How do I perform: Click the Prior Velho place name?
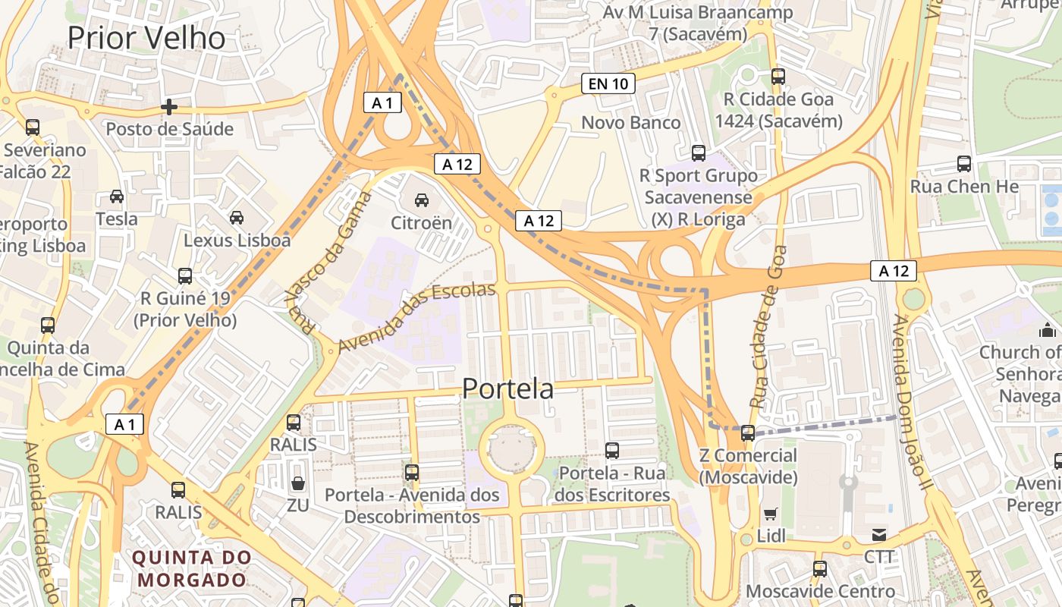pos(146,38)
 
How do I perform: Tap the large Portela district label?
pos(507,388)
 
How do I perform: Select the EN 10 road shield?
pos(608,83)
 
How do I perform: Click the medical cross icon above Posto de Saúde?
pos(169,107)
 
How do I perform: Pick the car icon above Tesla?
pos(117,197)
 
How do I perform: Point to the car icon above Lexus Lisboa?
pos(237,218)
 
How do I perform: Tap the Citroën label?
pos(421,223)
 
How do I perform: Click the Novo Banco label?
pos(631,122)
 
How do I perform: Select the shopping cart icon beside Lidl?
pos(771,514)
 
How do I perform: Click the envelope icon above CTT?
pos(879,535)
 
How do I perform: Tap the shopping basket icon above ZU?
pos(298,483)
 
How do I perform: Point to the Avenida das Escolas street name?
pos(416,316)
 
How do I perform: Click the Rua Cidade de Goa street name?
pos(767,326)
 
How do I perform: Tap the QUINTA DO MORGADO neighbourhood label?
pos(193,568)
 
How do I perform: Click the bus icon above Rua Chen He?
pos(963,164)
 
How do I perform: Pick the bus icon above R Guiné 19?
pos(185,276)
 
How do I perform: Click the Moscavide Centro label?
pos(821,591)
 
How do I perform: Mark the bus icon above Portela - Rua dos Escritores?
pos(612,451)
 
